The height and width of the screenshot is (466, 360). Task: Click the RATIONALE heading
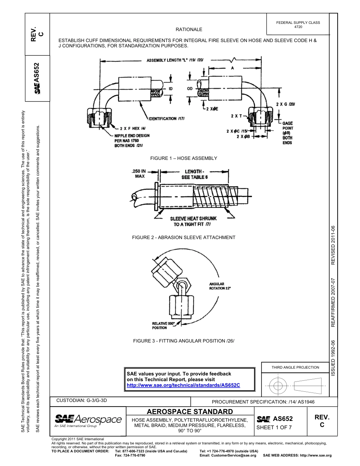point(189,30)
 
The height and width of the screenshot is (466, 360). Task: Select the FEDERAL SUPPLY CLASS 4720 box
point(298,25)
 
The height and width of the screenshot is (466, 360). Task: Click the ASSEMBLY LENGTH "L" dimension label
point(175,60)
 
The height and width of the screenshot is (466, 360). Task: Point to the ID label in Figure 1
point(171,89)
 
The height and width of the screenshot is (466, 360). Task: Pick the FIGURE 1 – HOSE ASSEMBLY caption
point(183,158)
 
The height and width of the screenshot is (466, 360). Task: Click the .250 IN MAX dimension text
point(139,173)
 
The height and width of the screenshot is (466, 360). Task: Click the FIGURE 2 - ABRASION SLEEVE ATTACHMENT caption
point(183,238)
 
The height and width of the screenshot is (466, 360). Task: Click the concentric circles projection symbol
point(278,386)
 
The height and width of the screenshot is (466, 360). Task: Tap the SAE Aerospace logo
point(88,420)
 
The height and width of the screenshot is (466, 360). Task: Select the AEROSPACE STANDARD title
point(189,411)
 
